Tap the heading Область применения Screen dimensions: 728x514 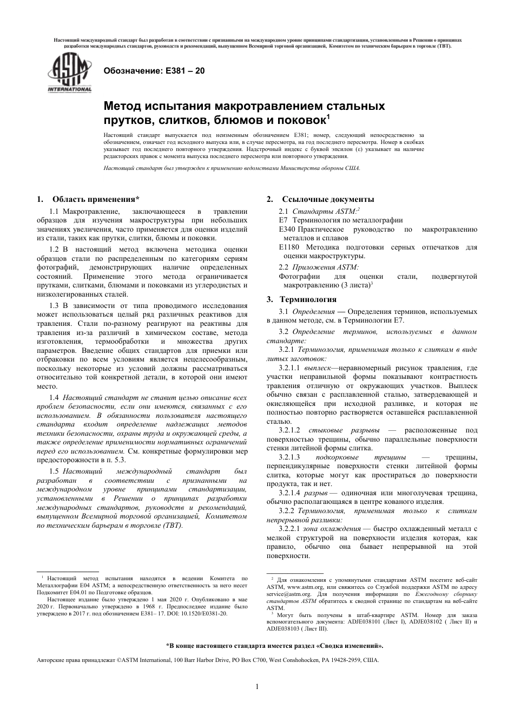pyautogui.click(x=96, y=199)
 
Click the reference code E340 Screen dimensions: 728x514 pyautogui.click(x=287, y=229)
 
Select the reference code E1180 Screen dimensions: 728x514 pyautogui.click(x=289, y=247)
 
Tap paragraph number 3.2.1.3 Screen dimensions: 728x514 pyautogui.click(x=289, y=457)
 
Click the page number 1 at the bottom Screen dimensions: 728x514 pyautogui.click(x=257, y=687)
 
